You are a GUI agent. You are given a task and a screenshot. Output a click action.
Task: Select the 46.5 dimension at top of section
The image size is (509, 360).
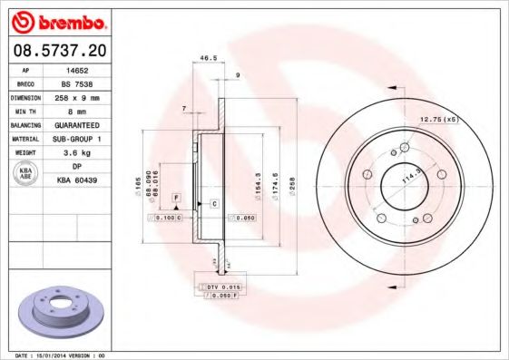[208, 59]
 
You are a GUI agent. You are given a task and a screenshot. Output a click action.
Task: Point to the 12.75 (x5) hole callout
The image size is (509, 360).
[439, 118]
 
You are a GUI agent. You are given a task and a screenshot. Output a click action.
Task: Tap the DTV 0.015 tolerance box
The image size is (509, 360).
[217, 287]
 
